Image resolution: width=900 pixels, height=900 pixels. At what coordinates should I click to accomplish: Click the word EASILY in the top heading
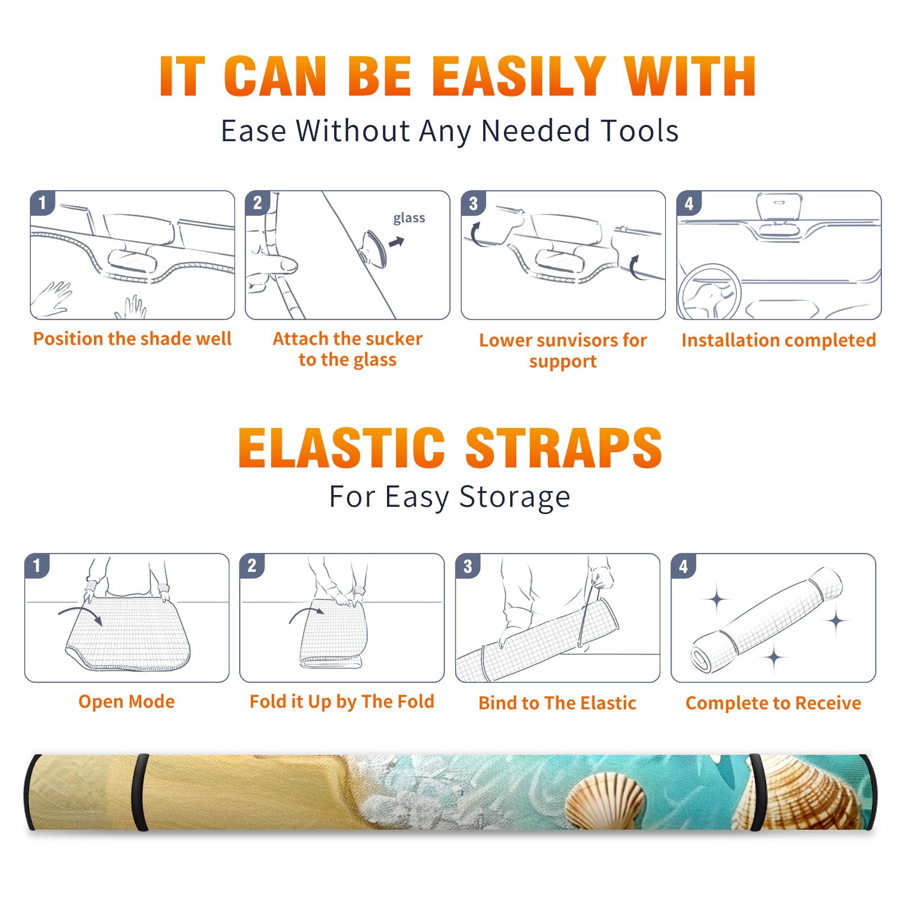coord(519,76)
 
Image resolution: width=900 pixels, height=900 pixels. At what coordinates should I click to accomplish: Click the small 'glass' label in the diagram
coord(409,218)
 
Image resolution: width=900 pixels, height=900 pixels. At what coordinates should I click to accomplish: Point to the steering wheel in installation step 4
coord(709,292)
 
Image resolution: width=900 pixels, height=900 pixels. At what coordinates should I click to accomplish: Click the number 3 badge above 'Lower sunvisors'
coord(474,203)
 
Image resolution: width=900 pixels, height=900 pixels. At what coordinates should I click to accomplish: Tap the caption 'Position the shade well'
coord(132,339)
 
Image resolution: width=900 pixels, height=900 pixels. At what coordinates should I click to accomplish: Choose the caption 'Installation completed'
coord(778,340)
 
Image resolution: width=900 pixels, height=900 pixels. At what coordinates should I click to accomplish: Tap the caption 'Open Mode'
coord(127,701)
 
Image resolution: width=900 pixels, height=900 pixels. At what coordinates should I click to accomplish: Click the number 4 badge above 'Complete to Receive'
coord(683,566)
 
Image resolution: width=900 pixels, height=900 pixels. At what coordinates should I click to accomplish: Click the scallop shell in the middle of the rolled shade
coord(605,801)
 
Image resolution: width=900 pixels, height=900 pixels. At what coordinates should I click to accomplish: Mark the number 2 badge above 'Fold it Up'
coord(252,566)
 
